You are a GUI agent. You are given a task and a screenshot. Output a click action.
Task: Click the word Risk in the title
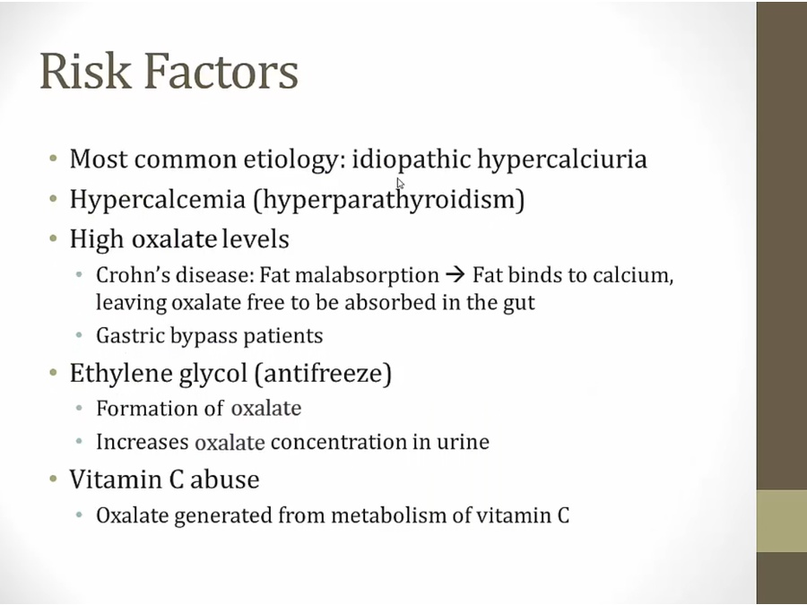[x=86, y=71]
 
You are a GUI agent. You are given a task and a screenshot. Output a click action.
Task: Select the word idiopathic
[x=412, y=159]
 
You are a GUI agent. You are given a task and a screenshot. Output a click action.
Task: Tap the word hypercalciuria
[x=562, y=159]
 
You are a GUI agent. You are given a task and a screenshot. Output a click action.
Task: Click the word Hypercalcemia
[x=158, y=199]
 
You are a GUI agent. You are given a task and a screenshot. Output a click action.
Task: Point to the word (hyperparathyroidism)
[x=388, y=199]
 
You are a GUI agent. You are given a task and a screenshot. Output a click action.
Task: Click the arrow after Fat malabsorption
[x=455, y=275]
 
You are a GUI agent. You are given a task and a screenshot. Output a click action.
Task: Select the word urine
[x=464, y=442]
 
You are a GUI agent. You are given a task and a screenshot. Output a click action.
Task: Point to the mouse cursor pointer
[x=401, y=184]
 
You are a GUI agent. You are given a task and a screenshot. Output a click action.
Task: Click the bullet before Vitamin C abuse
[x=54, y=480]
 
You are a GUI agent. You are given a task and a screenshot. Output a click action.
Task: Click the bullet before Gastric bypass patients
[x=79, y=336]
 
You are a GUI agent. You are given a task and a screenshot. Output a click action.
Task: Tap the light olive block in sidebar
[x=781, y=521]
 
